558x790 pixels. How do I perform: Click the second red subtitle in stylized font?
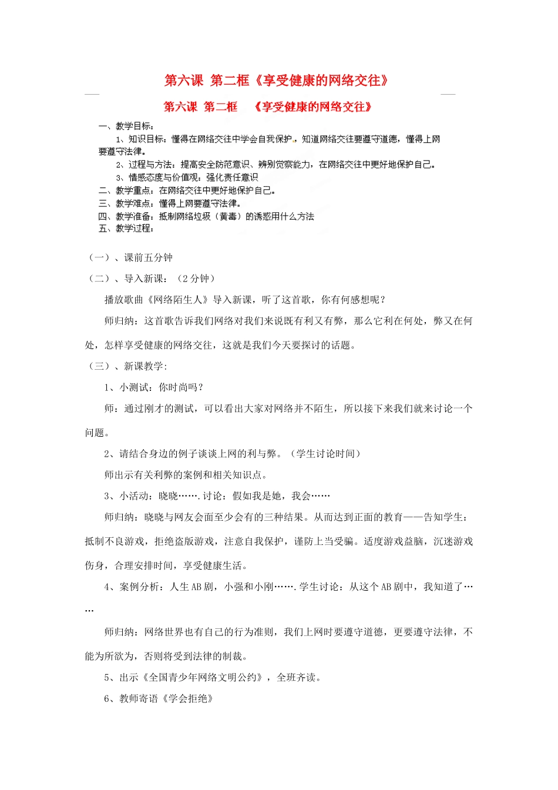pos(268,107)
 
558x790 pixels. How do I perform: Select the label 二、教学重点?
pos(126,190)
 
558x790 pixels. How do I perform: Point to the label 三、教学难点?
pos(126,203)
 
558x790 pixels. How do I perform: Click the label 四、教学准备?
pos(126,216)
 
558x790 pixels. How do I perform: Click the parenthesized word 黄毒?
pos(228,216)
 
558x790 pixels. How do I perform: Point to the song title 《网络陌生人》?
pos(177,300)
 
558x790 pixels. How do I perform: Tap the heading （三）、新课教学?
pos(127,366)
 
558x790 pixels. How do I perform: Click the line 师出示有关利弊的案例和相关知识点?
pos(185,475)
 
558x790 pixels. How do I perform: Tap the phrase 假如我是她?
pos(258,496)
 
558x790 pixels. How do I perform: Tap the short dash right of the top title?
pos(448,93)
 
